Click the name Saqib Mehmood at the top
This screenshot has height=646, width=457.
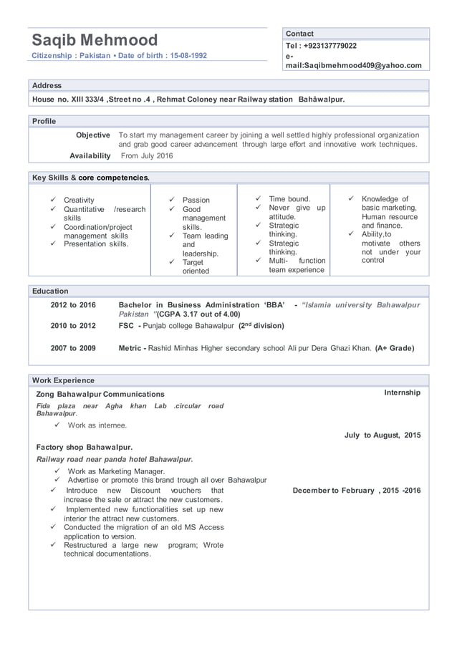(95, 39)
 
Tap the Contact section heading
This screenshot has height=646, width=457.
(299, 34)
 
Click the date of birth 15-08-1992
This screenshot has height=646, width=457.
(184, 55)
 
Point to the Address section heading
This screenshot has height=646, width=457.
(47, 85)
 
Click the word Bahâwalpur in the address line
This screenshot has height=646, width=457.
(321, 99)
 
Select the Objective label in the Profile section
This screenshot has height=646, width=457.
(92, 135)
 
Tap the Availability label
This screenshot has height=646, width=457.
(90, 155)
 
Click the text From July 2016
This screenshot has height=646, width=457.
(147, 155)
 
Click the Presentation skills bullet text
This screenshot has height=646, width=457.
(96, 244)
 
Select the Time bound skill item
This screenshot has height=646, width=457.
(289, 198)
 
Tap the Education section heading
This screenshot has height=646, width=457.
(50, 291)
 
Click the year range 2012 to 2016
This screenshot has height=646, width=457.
(73, 305)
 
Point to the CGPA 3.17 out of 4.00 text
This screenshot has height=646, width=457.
(199, 314)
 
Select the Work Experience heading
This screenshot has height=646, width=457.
(63, 380)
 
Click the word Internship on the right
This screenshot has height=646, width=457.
(402, 392)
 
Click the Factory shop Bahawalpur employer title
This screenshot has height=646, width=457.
(84, 447)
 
